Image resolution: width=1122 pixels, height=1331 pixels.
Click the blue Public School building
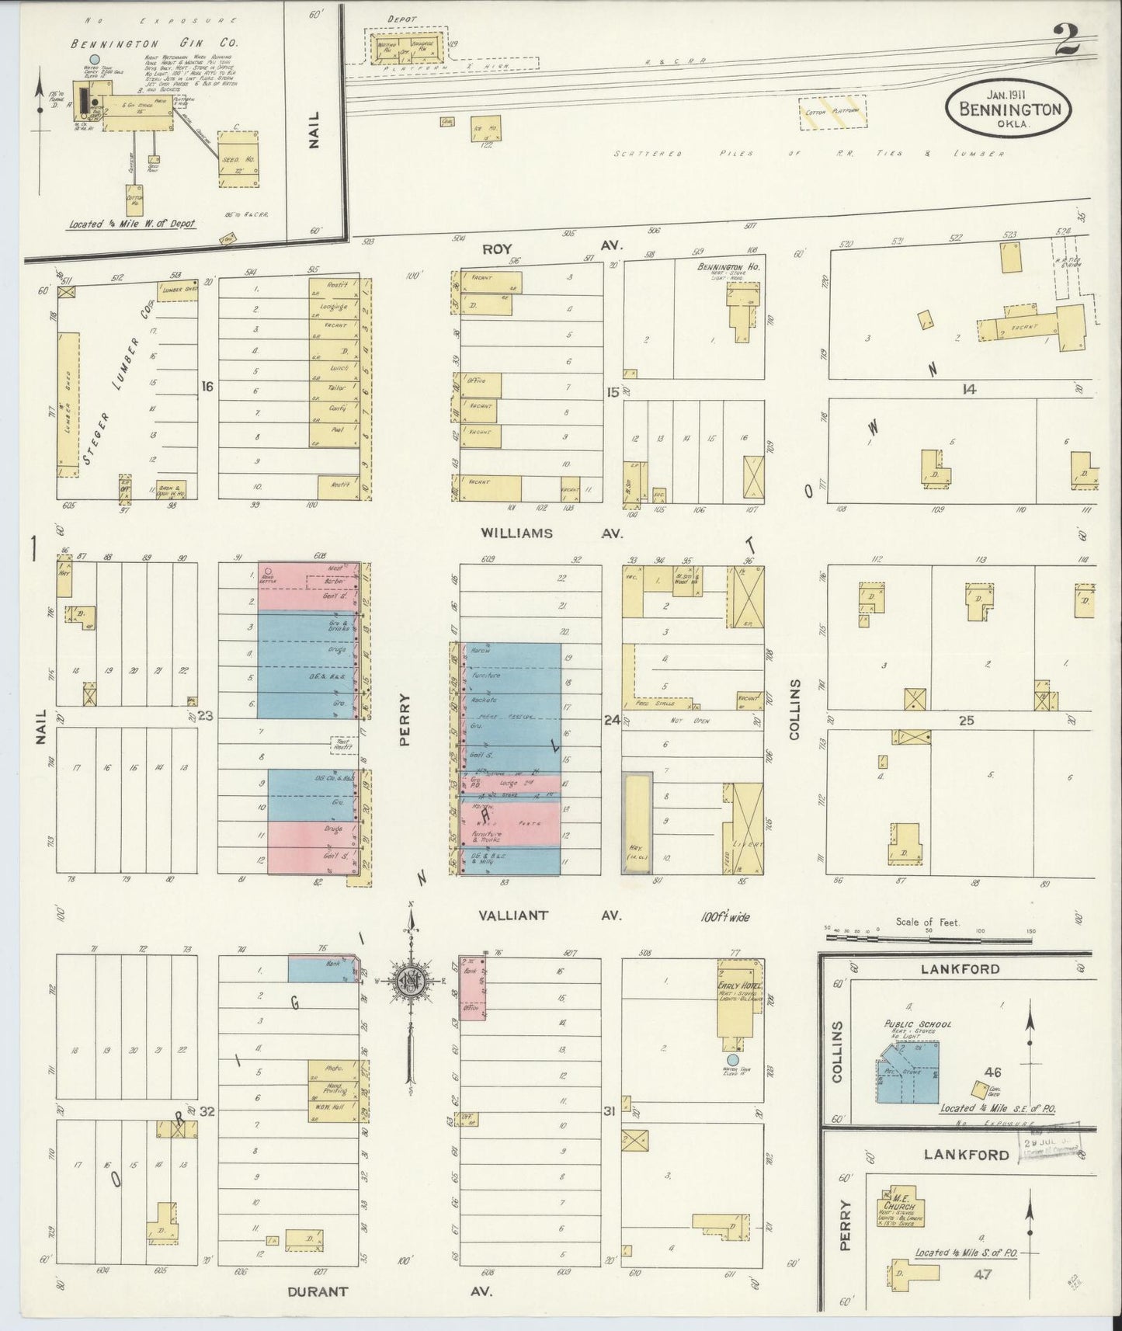[x=909, y=1072]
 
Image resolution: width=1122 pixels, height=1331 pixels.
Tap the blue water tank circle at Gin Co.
[x=94, y=59]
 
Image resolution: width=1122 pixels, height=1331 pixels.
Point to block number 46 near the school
[x=992, y=1073]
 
